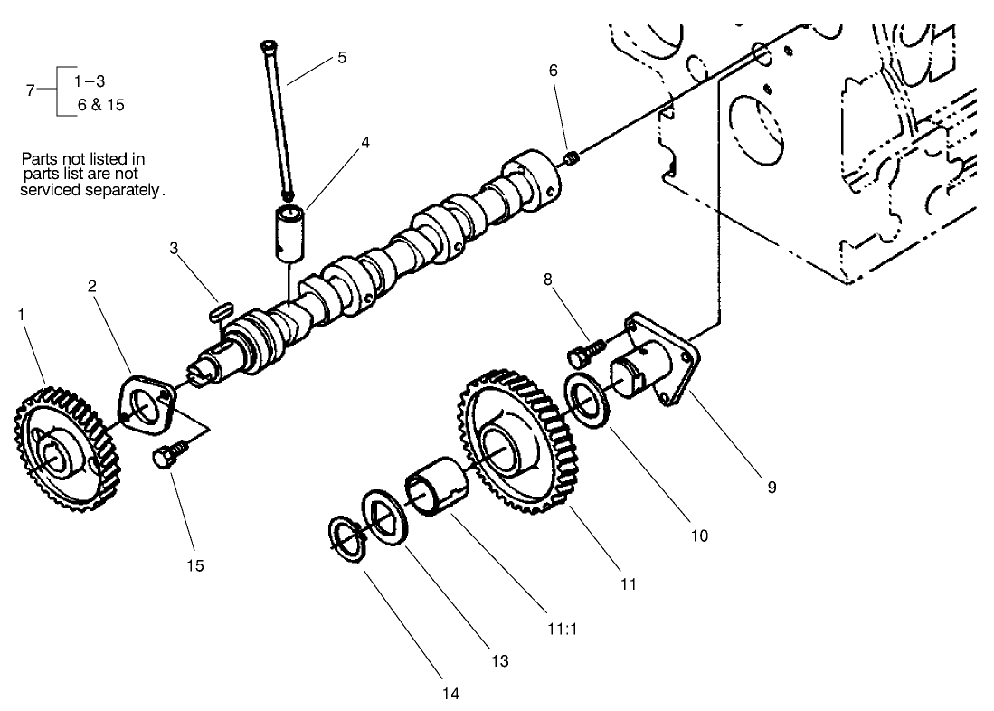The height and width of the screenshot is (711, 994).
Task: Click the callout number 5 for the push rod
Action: [341, 57]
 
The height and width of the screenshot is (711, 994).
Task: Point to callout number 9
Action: [772, 487]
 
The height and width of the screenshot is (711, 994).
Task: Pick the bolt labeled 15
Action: [170, 454]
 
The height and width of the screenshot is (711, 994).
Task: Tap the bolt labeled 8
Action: [586, 346]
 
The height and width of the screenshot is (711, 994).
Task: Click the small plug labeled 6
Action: [572, 161]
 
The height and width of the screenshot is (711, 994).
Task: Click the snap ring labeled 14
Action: [345, 537]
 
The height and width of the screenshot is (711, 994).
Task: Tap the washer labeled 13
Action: [386, 517]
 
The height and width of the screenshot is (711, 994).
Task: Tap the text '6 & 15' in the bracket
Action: [101, 104]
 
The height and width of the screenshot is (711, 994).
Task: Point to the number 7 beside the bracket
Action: [31, 90]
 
